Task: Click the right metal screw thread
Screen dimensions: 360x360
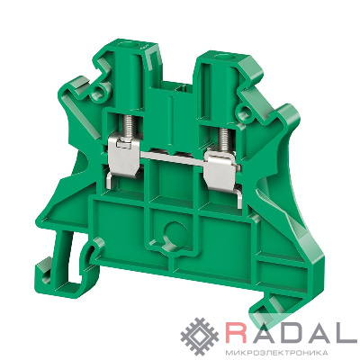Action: [225, 139]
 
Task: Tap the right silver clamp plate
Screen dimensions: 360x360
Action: [221, 170]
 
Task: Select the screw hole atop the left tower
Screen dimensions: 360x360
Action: [130, 46]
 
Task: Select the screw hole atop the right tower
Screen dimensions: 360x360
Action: [223, 56]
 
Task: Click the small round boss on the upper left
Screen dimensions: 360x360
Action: [100, 90]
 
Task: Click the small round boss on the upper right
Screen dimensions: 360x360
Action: [245, 110]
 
